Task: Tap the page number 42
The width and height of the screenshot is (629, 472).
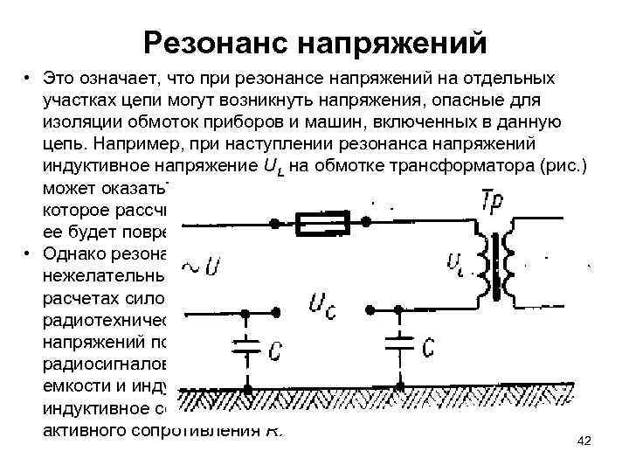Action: (584, 441)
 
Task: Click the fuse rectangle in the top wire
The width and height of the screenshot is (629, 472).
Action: (322, 225)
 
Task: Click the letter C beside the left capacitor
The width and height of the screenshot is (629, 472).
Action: (274, 351)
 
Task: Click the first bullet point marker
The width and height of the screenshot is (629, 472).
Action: (29, 80)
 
